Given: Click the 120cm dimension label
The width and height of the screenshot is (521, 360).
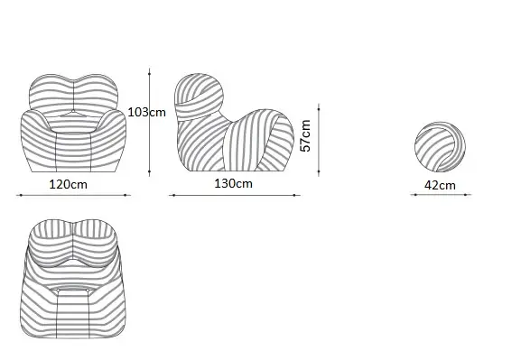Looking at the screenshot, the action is point(68,184).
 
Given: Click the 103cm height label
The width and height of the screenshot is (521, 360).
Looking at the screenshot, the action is point(147,112).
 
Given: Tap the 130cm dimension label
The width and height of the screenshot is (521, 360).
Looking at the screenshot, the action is point(233,183).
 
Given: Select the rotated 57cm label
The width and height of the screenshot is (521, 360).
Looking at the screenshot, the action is point(305,135).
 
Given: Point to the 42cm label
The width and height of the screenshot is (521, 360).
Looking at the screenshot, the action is point(440,185).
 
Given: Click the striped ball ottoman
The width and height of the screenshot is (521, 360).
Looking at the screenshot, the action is point(440,147).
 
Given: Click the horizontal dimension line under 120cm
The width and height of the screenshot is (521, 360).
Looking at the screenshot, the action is point(73,195).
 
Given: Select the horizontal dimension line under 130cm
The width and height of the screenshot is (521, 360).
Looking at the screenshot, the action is point(235,195).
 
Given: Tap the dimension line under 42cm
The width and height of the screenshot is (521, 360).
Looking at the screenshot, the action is point(441,195).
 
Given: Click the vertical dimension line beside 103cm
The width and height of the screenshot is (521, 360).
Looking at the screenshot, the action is point(150,122).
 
